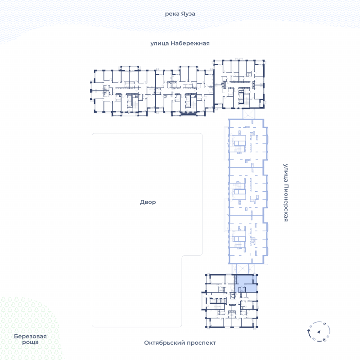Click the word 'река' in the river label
(x=172, y=14)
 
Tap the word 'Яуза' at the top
(x=188, y=14)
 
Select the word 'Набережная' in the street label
(x=190, y=43)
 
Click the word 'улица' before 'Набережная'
(x=160, y=44)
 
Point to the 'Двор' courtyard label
(x=148, y=202)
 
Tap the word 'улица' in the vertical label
(x=286, y=173)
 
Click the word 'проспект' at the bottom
(x=201, y=343)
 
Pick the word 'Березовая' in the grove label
(x=30, y=336)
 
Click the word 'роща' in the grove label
(x=30, y=342)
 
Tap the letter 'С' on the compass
(x=324, y=324)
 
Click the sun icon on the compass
(x=324, y=340)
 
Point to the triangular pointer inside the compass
(x=319, y=332)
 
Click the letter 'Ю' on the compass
(x=314, y=339)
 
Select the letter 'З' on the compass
(x=311, y=326)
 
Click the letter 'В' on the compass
(x=328, y=337)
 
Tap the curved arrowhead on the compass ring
(x=309, y=331)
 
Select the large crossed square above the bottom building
(x=243, y=269)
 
